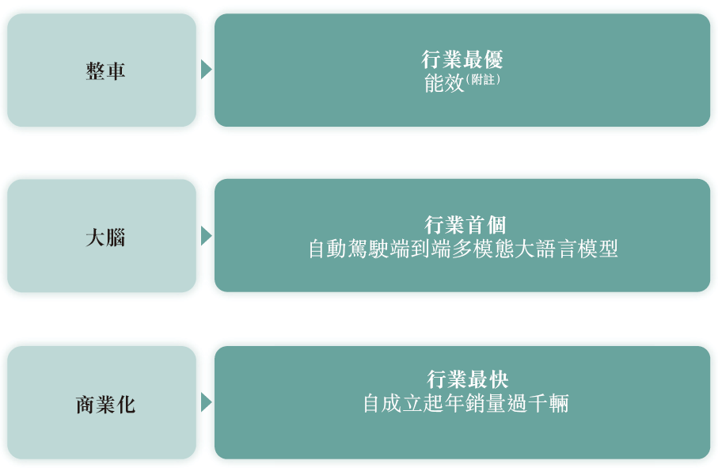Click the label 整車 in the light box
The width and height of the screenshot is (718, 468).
point(105,71)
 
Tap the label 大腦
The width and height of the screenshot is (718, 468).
point(105,238)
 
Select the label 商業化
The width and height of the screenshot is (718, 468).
point(105,405)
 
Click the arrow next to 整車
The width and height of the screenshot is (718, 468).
point(207,70)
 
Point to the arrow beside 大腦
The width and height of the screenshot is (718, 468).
point(207,236)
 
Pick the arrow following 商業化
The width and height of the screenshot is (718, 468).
point(207,402)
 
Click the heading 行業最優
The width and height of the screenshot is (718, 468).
point(462,59)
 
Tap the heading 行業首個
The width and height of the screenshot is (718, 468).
point(465,226)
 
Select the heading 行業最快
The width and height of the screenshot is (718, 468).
point(468,379)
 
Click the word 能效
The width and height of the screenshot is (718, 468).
point(444,83)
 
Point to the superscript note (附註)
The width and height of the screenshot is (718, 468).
point(483,80)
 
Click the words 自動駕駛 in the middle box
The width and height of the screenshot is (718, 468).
point(349,249)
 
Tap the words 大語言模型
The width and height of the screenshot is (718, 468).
point(567,249)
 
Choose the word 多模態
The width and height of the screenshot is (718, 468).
point(483,249)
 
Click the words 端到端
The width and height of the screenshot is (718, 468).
point(420,249)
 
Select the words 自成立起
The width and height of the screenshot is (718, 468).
point(404,403)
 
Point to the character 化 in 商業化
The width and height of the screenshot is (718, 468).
point(126,405)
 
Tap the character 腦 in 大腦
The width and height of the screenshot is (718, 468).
point(116,238)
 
